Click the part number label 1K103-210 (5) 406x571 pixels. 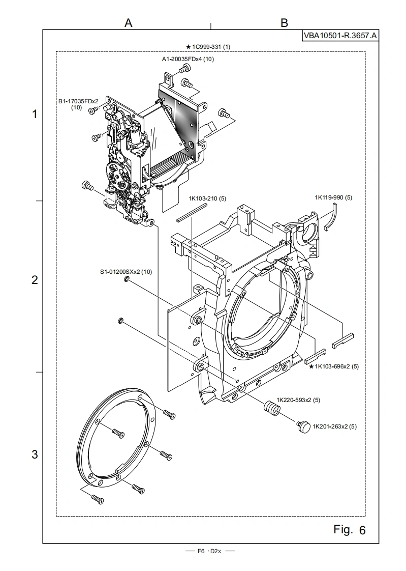click(x=207, y=198)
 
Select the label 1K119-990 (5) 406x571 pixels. click(x=333, y=198)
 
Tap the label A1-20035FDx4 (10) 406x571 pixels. click(x=188, y=59)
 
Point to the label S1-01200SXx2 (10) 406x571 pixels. click(x=126, y=272)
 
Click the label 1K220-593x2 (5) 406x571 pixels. click(x=298, y=400)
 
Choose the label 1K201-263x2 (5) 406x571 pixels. click(x=335, y=426)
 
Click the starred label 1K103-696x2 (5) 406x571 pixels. click(x=334, y=366)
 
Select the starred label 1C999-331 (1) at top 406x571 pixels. click(x=208, y=47)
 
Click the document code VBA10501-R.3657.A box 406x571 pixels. click(x=340, y=36)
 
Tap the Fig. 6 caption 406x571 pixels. click(x=349, y=529)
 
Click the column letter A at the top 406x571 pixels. click(x=129, y=23)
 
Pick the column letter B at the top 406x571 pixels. click(x=284, y=23)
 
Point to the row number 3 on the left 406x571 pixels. click(x=35, y=454)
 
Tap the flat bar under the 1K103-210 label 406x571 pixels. click(x=192, y=212)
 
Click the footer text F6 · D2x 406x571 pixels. click(x=209, y=551)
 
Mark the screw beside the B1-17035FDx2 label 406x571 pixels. click(x=94, y=110)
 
